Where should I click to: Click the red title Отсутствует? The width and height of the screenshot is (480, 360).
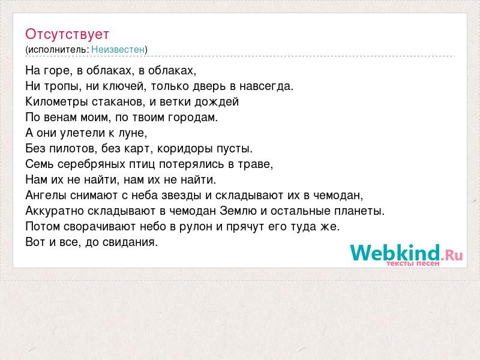pos(67,34)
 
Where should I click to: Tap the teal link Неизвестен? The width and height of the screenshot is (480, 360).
pos(118,49)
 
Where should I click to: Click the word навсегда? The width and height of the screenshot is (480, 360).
pos(266,86)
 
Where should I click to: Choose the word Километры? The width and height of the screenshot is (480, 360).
pos(56,101)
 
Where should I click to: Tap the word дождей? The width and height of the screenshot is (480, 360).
pos(217,102)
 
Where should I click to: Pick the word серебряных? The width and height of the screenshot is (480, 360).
pos(91,164)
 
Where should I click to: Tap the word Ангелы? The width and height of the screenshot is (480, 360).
pos(46,196)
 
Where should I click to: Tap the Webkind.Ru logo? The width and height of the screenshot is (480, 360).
pos(406,253)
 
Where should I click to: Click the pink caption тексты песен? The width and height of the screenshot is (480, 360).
pos(413,263)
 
